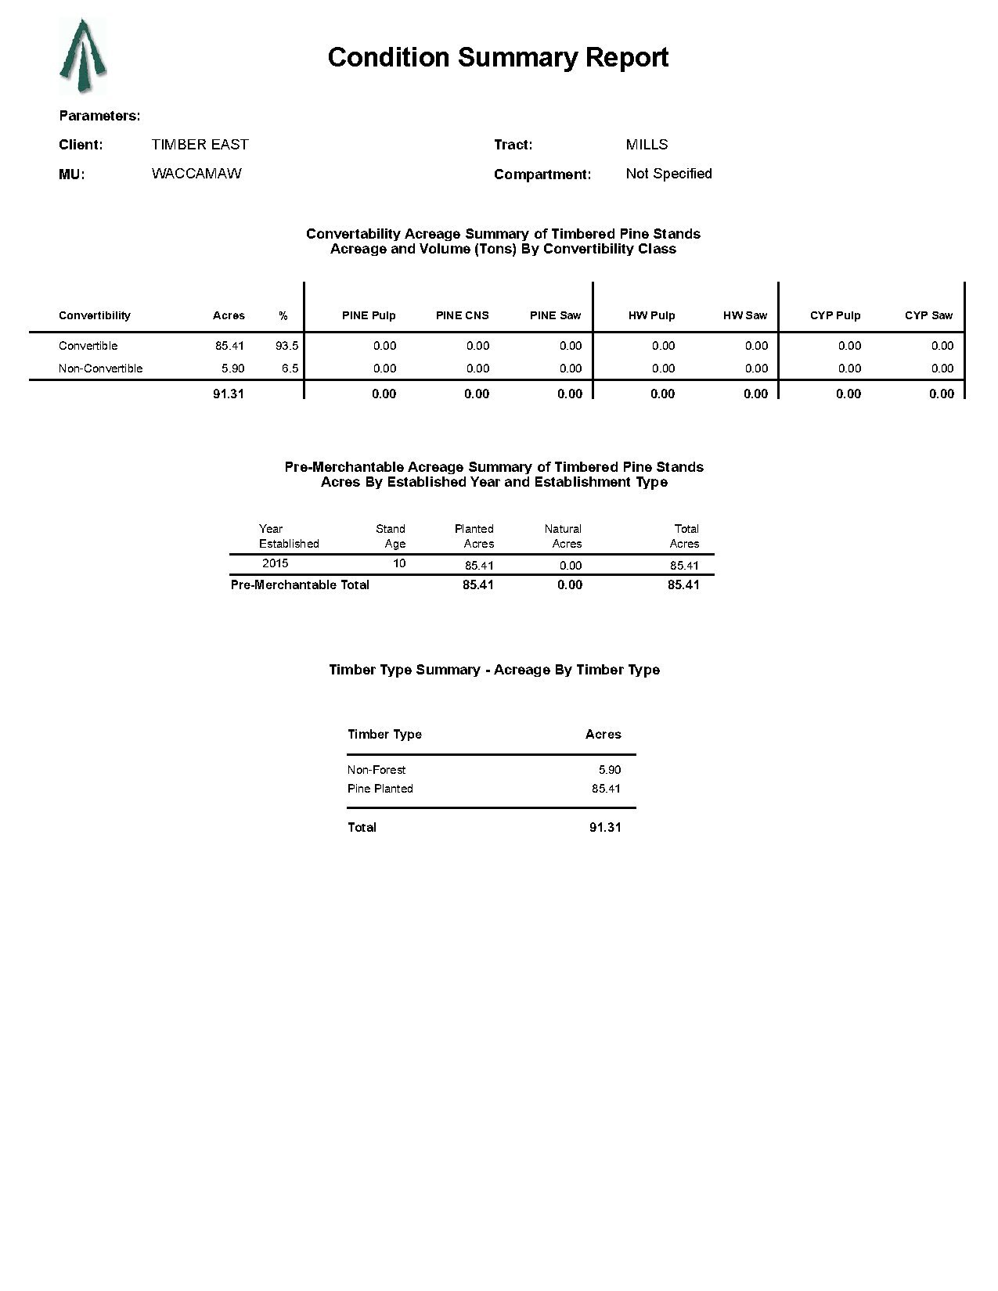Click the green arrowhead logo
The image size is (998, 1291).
coord(82,56)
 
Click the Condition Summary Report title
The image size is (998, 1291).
coord(498,57)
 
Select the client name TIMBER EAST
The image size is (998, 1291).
coord(200,145)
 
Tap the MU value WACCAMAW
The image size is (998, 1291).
coord(196,174)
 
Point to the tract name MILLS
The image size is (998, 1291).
coord(647,145)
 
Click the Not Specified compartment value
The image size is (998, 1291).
coord(668,174)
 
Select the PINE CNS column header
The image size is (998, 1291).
coord(462,315)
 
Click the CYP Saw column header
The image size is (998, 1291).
coord(928,315)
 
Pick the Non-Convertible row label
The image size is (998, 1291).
coord(100,369)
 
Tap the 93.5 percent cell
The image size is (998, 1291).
coord(286,346)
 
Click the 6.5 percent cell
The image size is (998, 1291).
coord(290,369)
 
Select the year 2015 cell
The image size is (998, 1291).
coord(275,563)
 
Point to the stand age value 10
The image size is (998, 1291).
coord(398,563)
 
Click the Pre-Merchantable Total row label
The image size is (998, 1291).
coord(300,584)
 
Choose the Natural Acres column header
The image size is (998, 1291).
coord(564,536)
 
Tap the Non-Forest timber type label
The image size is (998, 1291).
coord(377,770)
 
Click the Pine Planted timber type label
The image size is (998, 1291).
coord(380,789)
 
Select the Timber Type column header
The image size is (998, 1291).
coord(384,734)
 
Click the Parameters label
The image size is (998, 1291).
coord(99,116)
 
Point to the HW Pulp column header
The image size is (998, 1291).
coord(651,315)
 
